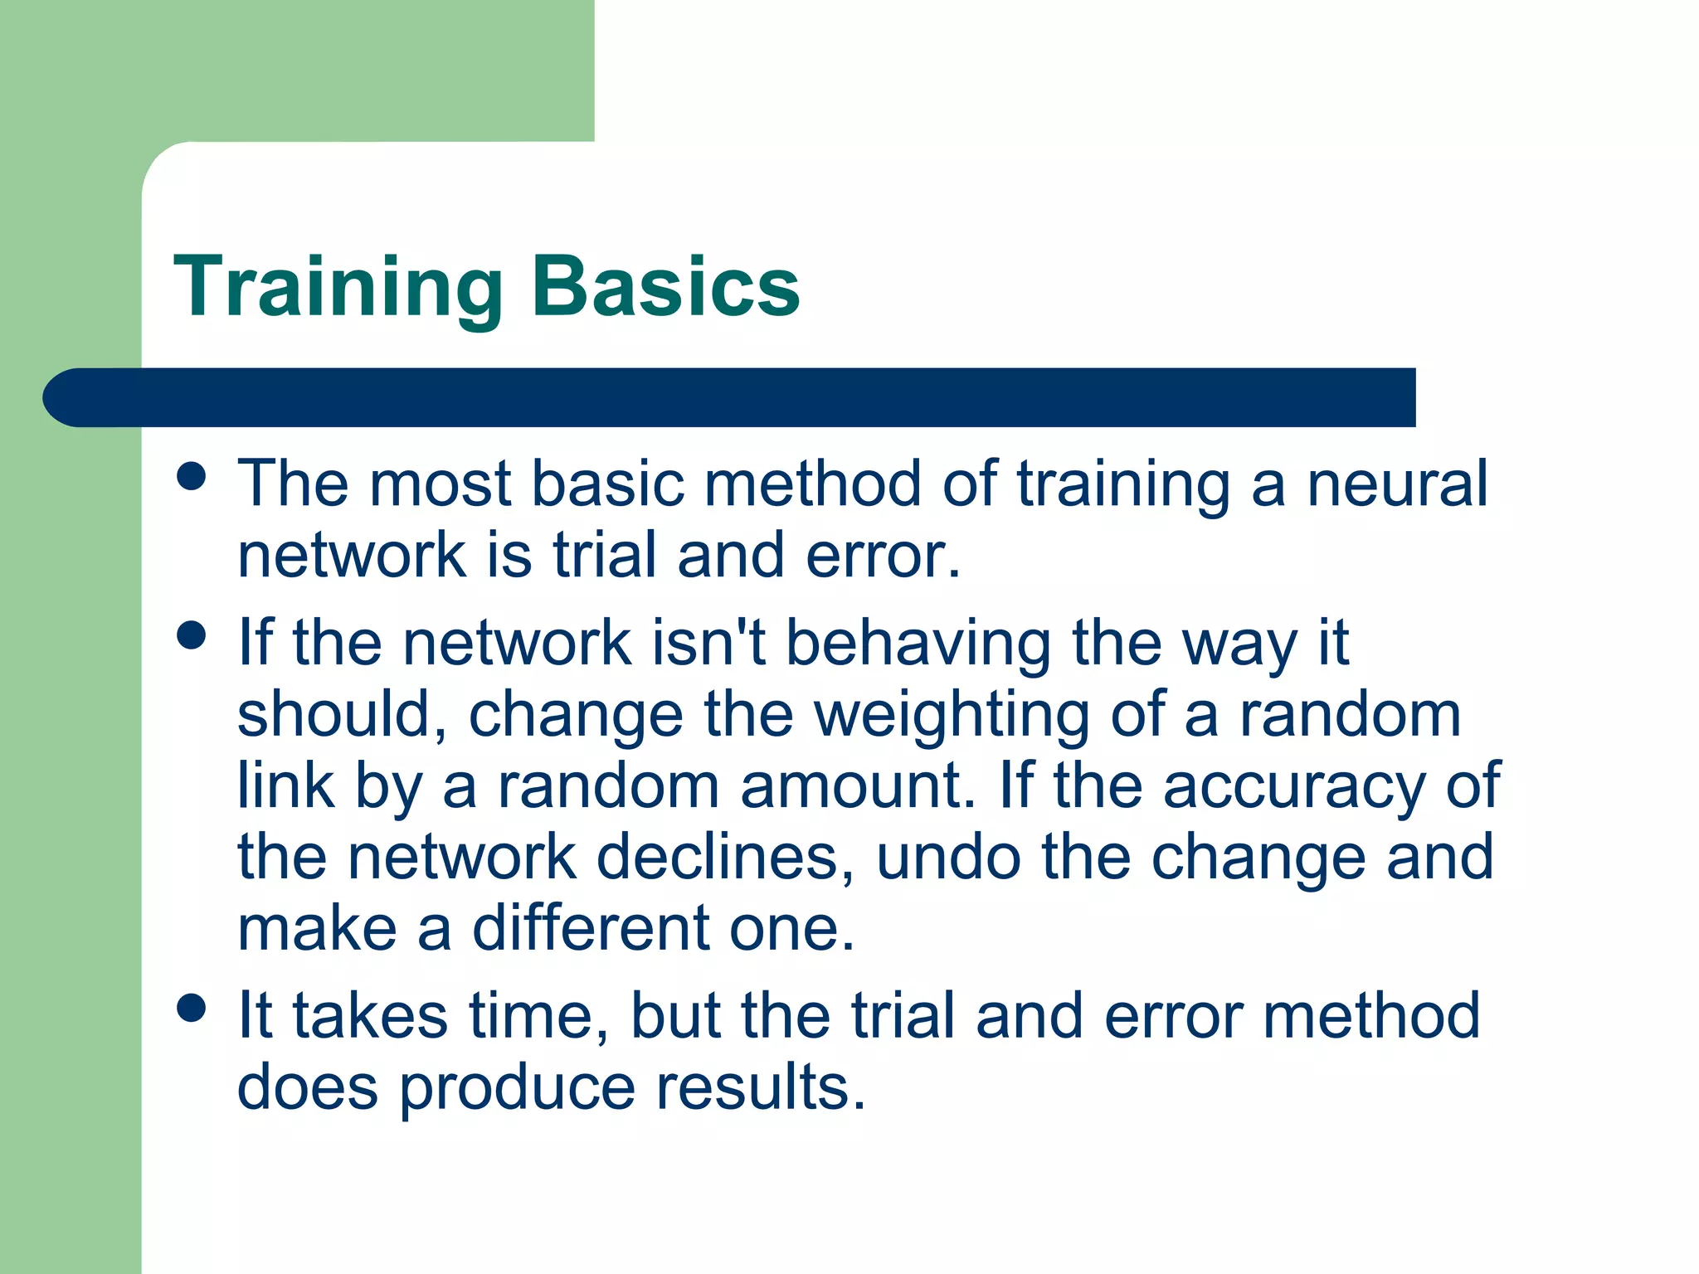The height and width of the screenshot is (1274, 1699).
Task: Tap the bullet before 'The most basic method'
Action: click(192, 477)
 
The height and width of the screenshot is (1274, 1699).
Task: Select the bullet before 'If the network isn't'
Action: click(192, 636)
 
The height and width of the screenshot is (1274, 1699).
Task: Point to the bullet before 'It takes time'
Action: click(192, 1009)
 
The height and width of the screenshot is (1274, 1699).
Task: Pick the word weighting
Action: click(952, 716)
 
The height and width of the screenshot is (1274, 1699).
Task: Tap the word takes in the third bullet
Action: click(370, 1016)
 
